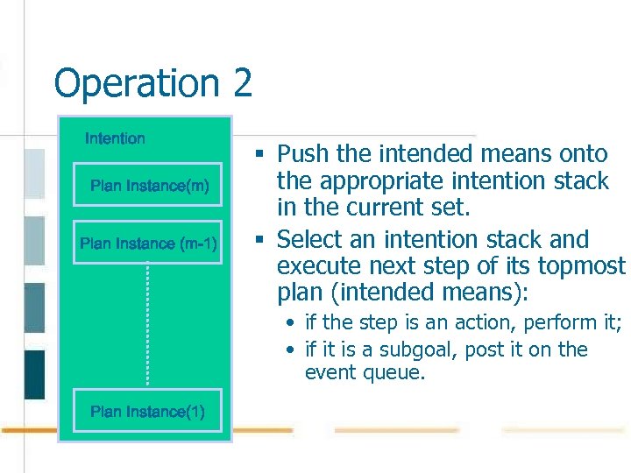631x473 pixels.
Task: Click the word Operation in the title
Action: point(137,84)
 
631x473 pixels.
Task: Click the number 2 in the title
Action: point(243,84)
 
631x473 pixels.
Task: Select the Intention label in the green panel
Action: point(115,138)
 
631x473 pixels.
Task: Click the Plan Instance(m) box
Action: point(150,186)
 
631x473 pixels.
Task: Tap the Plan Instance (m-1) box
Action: point(148,244)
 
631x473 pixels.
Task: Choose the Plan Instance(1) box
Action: point(147,412)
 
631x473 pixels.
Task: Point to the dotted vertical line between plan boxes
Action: point(147,324)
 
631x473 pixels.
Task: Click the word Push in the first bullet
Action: point(303,154)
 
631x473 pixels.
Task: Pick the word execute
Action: point(317,266)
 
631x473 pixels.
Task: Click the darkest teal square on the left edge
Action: point(34,374)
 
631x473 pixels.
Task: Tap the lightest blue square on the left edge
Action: point(34,173)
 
